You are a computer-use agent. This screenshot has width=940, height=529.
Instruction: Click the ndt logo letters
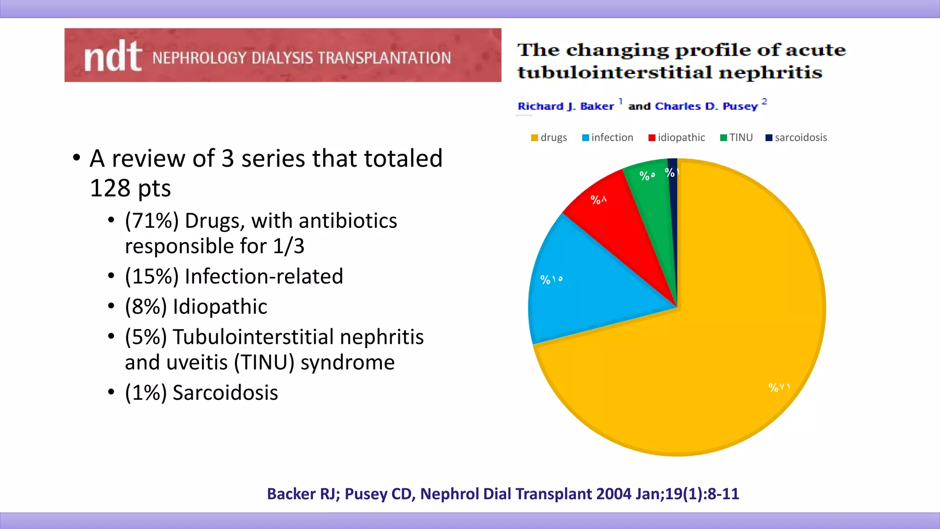click(112, 56)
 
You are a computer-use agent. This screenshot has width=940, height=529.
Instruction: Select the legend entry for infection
click(608, 138)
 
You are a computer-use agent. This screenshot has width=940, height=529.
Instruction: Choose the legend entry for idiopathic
click(677, 138)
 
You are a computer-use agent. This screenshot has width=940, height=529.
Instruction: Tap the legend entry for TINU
click(737, 138)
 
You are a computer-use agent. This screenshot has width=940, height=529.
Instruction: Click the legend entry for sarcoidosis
click(796, 138)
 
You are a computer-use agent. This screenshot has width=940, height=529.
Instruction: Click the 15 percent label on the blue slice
click(551, 280)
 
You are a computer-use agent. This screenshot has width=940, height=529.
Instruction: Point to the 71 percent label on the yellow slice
click(779, 388)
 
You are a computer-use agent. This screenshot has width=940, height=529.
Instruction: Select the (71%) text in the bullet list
click(151, 221)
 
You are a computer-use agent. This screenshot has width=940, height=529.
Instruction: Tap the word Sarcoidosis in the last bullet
click(225, 393)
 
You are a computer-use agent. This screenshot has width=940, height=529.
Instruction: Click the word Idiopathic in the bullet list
click(220, 307)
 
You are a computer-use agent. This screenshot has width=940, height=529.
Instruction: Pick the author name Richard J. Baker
click(565, 107)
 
